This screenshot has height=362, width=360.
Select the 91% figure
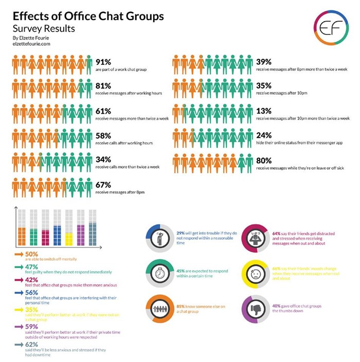click(104, 63)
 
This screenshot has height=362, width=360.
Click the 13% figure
click(264, 111)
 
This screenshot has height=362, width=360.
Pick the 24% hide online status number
click(264, 135)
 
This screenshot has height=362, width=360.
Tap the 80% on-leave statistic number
click(264, 160)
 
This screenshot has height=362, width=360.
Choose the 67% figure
click(104, 184)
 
